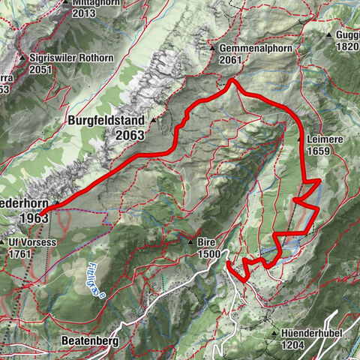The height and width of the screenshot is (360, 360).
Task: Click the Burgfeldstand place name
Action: tap(109, 119)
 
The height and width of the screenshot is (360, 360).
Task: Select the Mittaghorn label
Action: tap(94, 2)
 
